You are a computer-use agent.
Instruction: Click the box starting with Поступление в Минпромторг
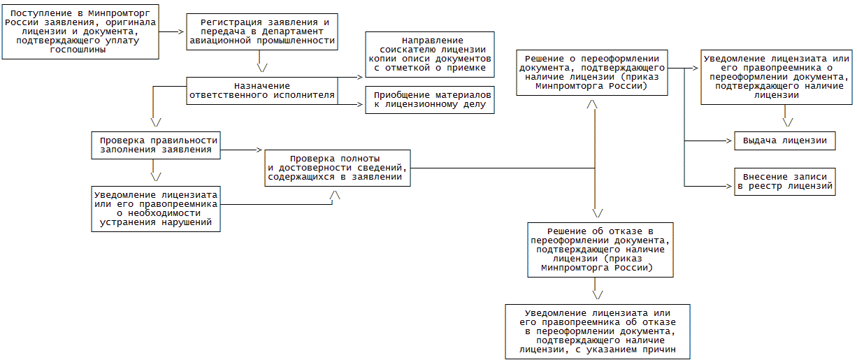coord(79,31)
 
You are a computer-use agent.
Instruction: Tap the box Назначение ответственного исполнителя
coord(260,90)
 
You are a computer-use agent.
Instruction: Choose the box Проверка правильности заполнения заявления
coord(156,145)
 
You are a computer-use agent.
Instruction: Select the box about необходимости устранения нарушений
coord(156,208)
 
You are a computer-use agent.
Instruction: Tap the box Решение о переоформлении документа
coord(591,72)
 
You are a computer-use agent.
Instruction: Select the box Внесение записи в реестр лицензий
coord(784,182)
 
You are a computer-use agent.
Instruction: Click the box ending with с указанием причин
coord(597,331)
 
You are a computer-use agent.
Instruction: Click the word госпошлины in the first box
coord(79,50)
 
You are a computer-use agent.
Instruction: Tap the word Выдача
coord(760,141)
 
